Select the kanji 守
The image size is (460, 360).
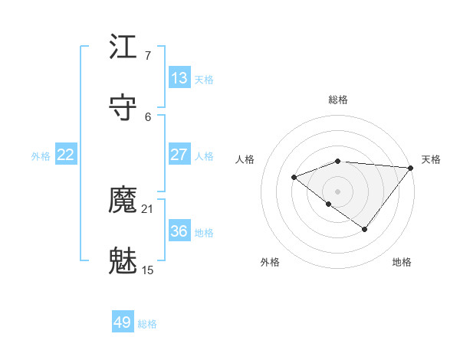123,106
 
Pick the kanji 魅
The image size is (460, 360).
123,260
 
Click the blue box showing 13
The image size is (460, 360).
179,78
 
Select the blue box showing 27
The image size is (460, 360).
179,155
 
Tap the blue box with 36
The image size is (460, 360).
179,231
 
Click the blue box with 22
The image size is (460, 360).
66,155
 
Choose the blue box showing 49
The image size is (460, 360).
123,322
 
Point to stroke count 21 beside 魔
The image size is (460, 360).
148,209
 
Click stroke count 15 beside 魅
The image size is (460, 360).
148,270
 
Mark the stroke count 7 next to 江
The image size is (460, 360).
147,56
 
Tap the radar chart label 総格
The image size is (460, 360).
338,100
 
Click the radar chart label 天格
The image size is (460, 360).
431,159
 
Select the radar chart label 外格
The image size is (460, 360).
269,262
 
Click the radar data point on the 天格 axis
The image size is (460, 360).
411,167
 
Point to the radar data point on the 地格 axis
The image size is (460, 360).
365,229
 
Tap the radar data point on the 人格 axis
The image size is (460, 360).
294,177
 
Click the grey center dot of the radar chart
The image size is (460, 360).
337,191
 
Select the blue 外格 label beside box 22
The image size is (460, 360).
41,155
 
